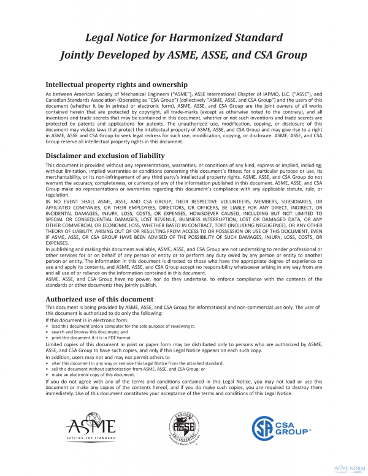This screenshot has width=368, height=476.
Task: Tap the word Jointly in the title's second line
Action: click(x=82, y=55)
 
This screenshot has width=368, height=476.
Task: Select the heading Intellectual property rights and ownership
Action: click(x=117, y=85)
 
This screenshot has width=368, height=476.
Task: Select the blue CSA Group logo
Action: click(x=282, y=426)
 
